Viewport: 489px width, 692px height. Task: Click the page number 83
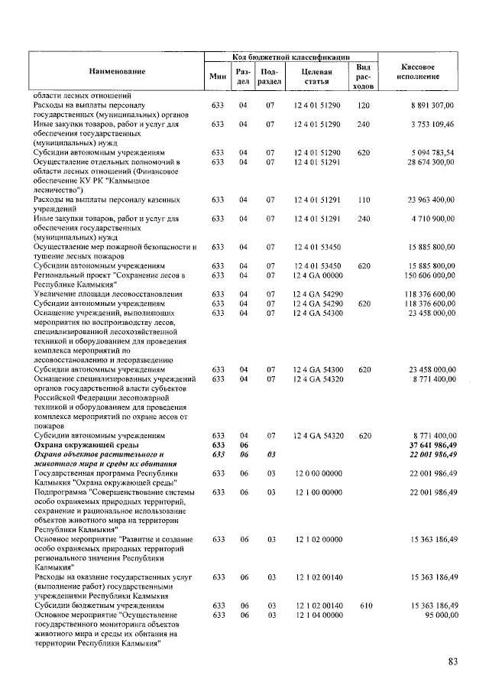[x=451, y=662]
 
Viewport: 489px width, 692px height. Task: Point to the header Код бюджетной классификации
[x=290, y=56]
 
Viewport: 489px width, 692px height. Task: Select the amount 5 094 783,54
[x=432, y=152]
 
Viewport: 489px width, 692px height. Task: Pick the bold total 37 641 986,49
[x=432, y=444]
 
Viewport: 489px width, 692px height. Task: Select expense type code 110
[x=363, y=200]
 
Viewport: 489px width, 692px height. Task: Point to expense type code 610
[x=363, y=605]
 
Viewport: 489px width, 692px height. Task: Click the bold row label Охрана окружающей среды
[x=85, y=444]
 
